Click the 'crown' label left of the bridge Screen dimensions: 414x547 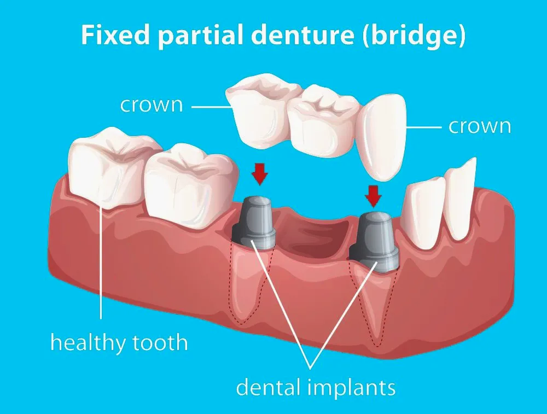[x=152, y=104]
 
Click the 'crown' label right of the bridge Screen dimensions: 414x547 [x=480, y=126]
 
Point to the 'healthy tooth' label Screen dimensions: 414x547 [x=119, y=343]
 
